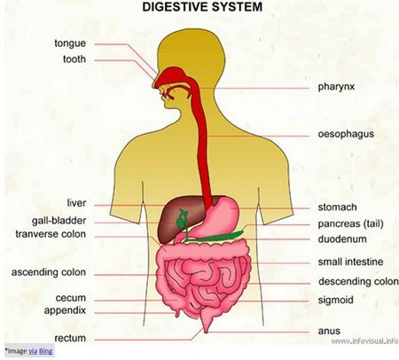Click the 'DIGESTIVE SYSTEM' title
tap(202, 7)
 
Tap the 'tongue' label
tap(70, 43)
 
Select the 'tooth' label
tap(74, 59)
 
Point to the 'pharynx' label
tap(336, 87)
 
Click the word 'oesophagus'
tap(346, 134)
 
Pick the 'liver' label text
tap(76, 203)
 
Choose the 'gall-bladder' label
tap(59, 221)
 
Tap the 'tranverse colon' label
tap(51, 234)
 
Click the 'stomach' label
tap(337, 207)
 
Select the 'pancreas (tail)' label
tap(350, 224)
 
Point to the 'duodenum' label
tap(342, 239)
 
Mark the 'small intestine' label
tap(350, 262)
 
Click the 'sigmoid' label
tap(336, 301)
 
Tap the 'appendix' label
tap(65, 311)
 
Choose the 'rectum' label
tap(70, 338)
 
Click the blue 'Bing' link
tap(46, 351)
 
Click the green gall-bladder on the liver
tap(181, 220)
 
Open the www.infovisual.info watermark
tap(364, 341)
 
